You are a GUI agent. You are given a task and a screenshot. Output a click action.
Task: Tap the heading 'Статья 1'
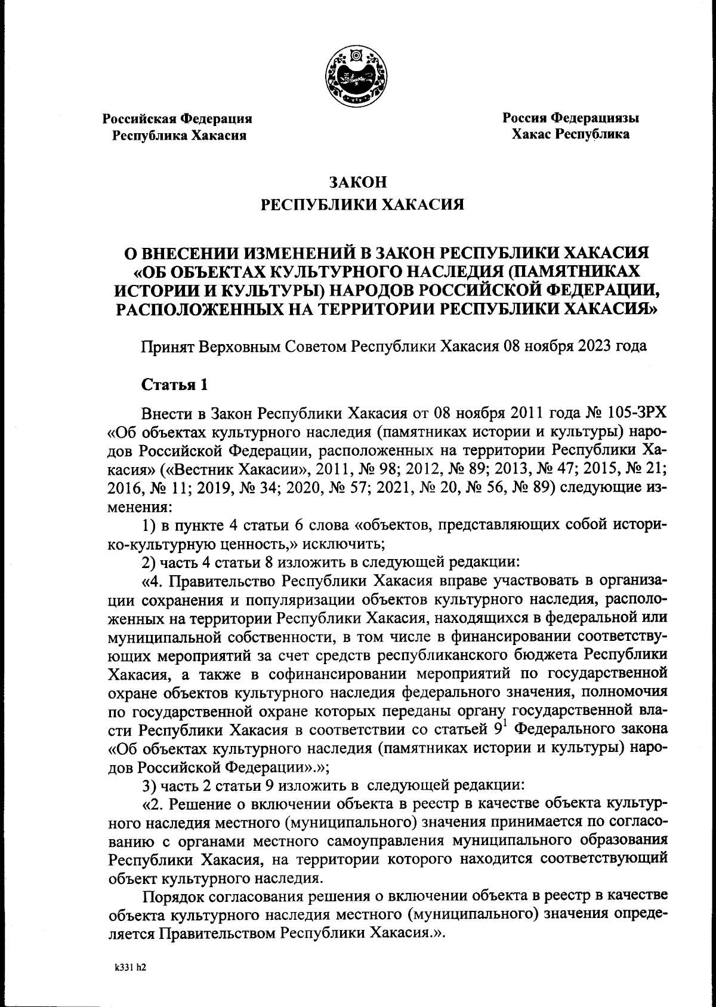[174, 385]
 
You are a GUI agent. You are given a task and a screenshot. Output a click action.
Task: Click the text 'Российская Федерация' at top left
[177, 119]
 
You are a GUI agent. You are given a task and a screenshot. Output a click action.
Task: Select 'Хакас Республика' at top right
[570, 134]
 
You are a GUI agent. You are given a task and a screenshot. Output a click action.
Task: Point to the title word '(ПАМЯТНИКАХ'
[572, 272]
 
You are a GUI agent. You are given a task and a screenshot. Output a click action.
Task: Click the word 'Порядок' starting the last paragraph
[173, 895]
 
